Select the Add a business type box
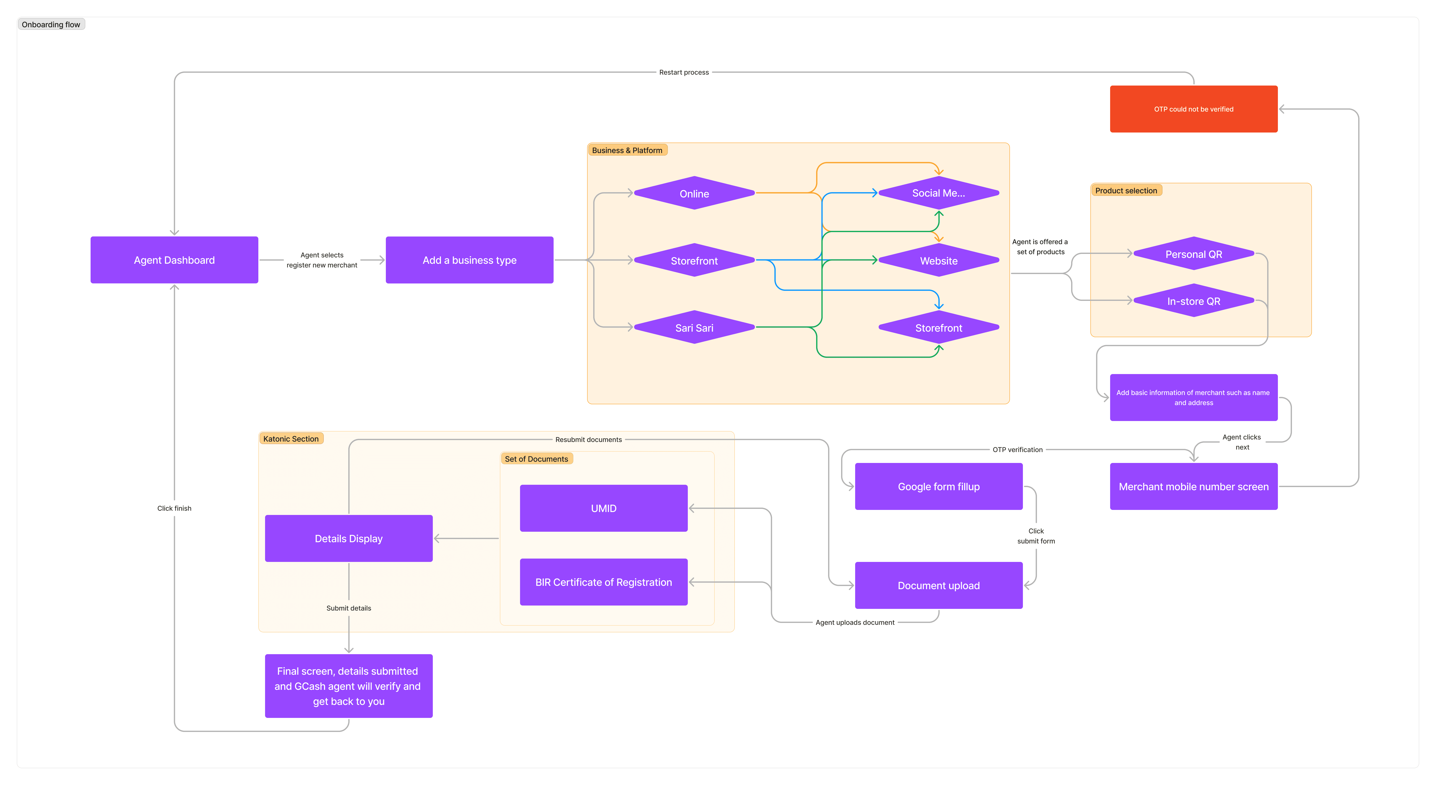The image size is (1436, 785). pos(469,260)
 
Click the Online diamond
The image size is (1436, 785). pos(694,194)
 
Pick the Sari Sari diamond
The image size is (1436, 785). pos(694,327)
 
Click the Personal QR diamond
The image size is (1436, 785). pos(1194,254)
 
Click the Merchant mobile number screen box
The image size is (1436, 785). pos(1194,486)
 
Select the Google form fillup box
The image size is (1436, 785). pos(939,486)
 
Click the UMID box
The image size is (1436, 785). pos(604,508)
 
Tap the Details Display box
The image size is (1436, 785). pos(348,538)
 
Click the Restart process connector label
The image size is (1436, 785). pos(684,73)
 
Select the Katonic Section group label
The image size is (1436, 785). pos(291,439)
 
